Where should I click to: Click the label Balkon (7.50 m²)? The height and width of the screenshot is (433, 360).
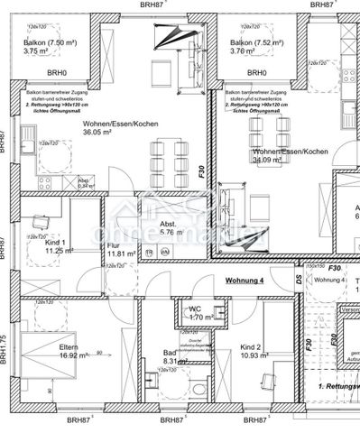point(43,42)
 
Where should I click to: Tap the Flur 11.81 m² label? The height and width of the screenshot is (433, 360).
point(121,250)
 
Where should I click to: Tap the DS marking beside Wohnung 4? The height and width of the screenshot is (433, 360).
point(299,281)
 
